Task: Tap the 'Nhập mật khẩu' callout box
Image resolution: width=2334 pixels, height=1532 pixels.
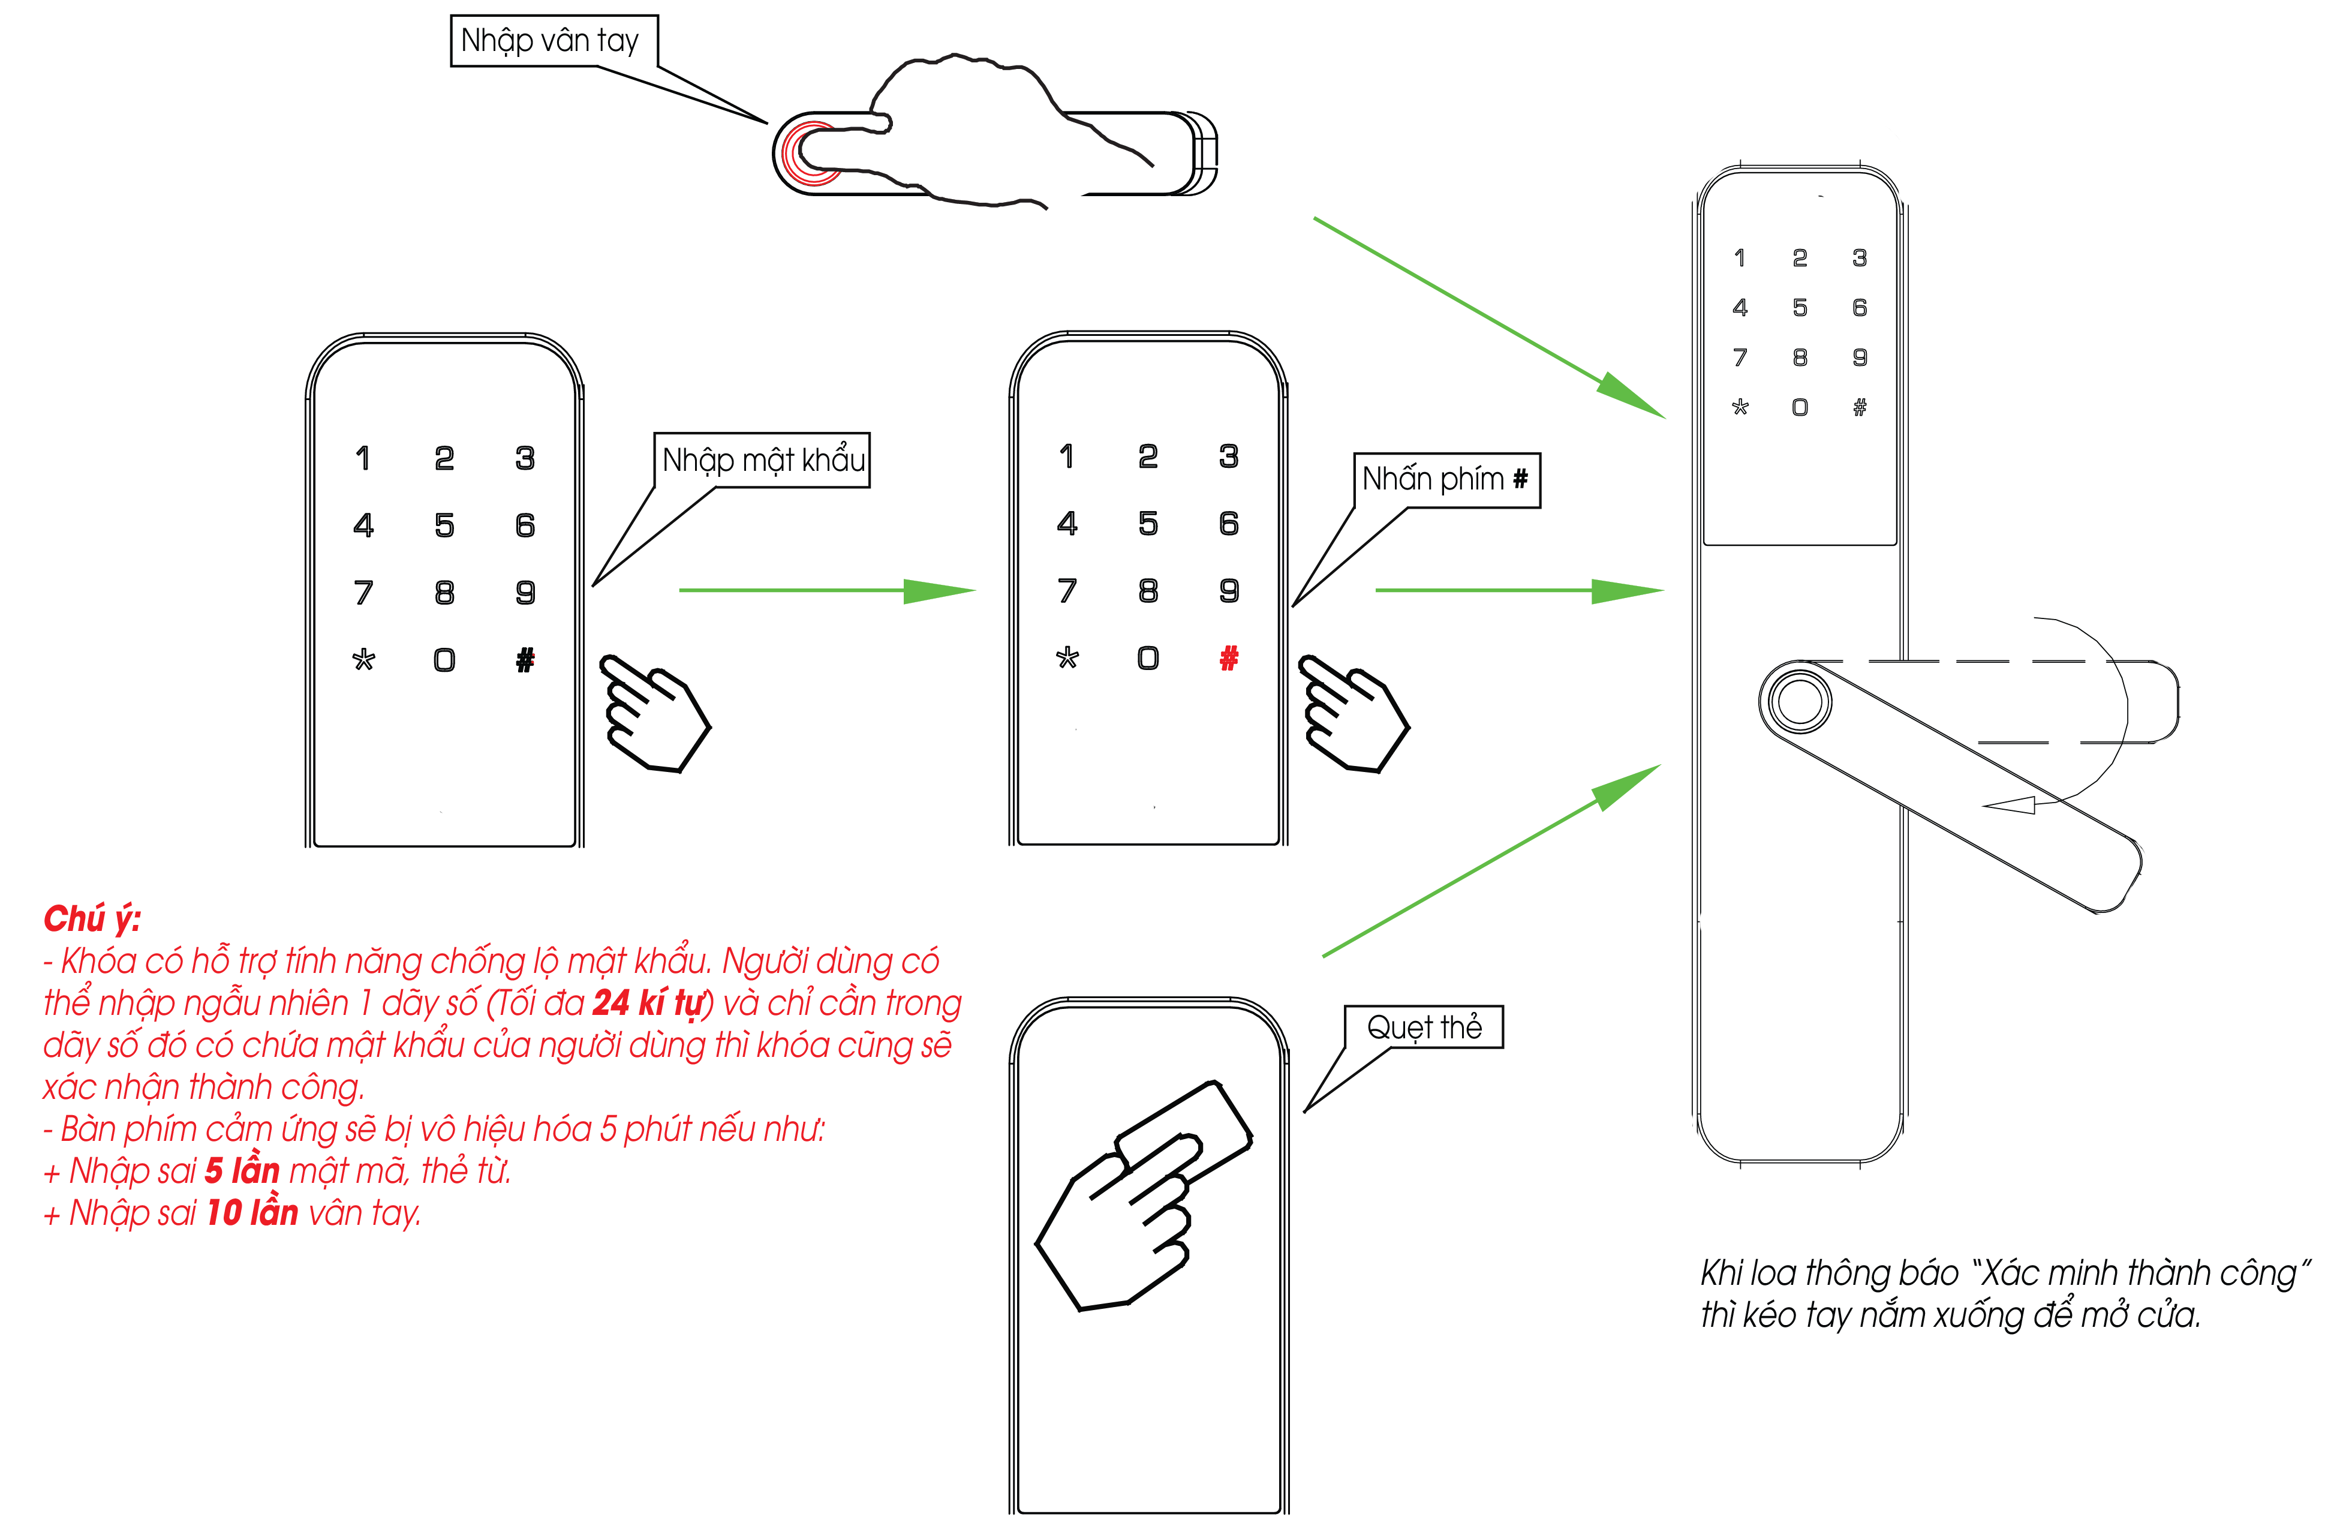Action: point(762,460)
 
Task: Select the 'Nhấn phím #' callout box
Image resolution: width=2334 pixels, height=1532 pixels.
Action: point(1445,480)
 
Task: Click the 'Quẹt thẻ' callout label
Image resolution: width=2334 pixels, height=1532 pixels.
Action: point(1423,1027)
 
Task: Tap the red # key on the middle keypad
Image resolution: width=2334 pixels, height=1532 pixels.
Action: point(1229,658)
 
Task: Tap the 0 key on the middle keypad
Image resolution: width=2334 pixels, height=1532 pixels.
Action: point(1148,658)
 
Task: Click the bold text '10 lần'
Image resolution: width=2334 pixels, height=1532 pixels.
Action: point(252,1213)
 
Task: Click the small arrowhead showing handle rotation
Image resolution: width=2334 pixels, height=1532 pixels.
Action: point(2010,805)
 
